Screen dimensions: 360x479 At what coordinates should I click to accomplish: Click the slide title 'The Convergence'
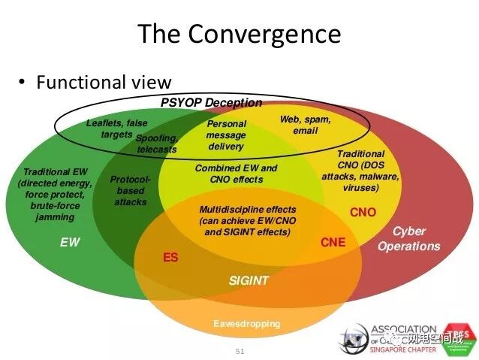239,35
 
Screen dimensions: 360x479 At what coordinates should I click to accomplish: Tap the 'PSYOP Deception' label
212,103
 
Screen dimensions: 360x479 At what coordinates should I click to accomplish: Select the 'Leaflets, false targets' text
116,128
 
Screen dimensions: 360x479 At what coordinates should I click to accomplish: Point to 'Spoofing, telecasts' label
157,144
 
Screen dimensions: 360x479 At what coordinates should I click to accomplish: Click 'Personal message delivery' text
226,135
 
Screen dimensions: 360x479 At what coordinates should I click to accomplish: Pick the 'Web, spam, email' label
305,125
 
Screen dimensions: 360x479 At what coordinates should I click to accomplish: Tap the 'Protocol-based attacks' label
131,191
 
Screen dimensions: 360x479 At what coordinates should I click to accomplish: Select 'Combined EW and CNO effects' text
236,174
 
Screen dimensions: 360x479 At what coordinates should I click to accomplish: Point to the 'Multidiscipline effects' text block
247,221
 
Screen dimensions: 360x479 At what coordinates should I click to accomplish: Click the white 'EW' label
70,243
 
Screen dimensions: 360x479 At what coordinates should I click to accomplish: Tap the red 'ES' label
170,258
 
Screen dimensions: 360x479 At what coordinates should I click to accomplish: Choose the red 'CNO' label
363,213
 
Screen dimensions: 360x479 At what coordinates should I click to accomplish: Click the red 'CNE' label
333,242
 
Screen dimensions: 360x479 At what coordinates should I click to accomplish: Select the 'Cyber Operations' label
408,239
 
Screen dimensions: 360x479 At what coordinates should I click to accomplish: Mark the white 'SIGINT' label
249,281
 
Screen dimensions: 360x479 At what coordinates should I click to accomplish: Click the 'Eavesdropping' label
246,324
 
